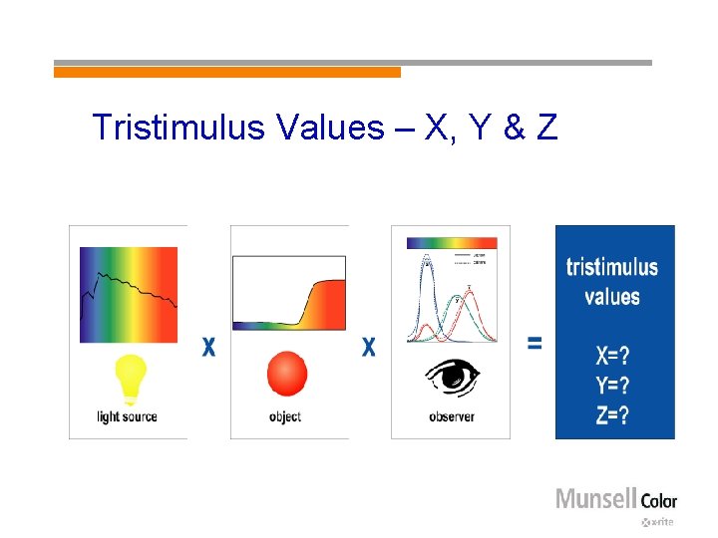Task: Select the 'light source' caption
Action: point(127,416)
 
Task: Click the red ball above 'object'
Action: point(287,375)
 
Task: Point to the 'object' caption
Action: point(285,416)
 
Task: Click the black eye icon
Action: point(452,377)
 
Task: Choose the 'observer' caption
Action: point(452,416)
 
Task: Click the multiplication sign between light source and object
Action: point(208,347)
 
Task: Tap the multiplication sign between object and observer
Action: point(369,347)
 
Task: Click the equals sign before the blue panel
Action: point(535,343)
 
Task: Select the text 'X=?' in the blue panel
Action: point(612,357)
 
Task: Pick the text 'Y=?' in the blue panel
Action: point(612,387)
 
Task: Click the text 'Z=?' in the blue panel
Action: point(612,415)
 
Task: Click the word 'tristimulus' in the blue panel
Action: point(612,266)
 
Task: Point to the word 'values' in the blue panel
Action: point(612,296)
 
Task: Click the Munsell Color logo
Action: point(615,498)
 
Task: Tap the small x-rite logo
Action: point(658,522)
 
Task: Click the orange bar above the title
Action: point(226,72)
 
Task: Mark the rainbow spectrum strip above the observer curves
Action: point(451,241)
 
